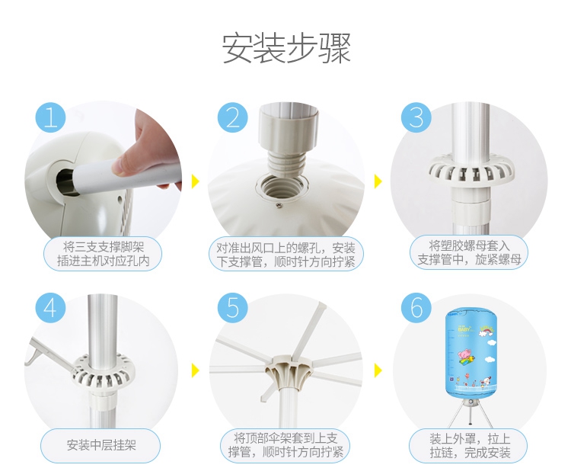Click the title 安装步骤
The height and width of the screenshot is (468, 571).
[x=286, y=49]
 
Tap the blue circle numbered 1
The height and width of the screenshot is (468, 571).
[x=50, y=117]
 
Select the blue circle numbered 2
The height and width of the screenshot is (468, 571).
[x=233, y=117]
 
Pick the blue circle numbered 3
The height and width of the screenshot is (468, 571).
[x=416, y=117]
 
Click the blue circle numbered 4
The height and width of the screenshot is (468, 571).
[x=50, y=307]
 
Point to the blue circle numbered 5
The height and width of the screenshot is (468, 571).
[x=233, y=307]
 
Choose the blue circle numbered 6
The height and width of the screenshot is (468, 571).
[x=416, y=307]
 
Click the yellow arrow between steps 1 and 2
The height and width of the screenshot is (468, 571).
[x=196, y=181]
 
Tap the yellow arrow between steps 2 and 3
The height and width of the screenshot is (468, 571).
[x=378, y=181]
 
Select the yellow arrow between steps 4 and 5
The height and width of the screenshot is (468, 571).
[x=196, y=370]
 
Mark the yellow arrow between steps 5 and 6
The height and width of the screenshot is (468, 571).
[x=378, y=370]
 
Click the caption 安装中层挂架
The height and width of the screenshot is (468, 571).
[x=100, y=444]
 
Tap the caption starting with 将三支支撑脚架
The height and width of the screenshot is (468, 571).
[x=104, y=254]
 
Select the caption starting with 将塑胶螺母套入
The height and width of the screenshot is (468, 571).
[x=469, y=252]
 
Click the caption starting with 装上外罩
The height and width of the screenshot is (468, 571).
[x=470, y=445]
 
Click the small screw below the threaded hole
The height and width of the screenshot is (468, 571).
[x=279, y=206]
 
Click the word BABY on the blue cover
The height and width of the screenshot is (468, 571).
[x=464, y=329]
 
